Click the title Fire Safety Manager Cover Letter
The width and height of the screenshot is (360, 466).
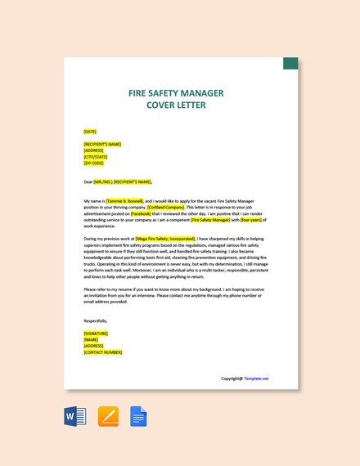pos(176,99)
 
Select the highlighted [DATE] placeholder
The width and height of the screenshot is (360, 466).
pos(90,132)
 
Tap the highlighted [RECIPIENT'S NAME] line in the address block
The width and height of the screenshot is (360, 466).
pos(102,144)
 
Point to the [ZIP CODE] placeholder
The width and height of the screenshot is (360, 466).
pos(93,163)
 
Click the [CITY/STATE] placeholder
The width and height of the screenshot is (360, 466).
pos(95,157)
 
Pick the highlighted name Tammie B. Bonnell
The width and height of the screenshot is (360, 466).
pos(124,200)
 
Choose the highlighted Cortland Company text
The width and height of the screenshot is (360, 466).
pos(166,207)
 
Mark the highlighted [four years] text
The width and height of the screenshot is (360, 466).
pos(251,220)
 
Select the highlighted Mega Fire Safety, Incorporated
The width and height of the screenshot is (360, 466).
pos(165,239)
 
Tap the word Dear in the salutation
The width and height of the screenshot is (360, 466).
pos(88,182)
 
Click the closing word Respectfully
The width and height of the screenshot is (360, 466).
pos(95,320)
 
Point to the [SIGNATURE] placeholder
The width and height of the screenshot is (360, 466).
pos(96,334)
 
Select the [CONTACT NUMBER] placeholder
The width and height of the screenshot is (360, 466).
pos(102,352)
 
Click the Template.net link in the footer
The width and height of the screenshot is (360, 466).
pos(256,379)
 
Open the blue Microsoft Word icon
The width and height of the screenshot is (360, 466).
pos(75,416)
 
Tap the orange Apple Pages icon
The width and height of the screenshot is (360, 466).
pos(108,416)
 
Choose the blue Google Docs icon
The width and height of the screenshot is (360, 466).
pos(138,416)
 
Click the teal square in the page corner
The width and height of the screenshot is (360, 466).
pos(290,63)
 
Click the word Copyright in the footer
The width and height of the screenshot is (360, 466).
pos(232,379)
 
